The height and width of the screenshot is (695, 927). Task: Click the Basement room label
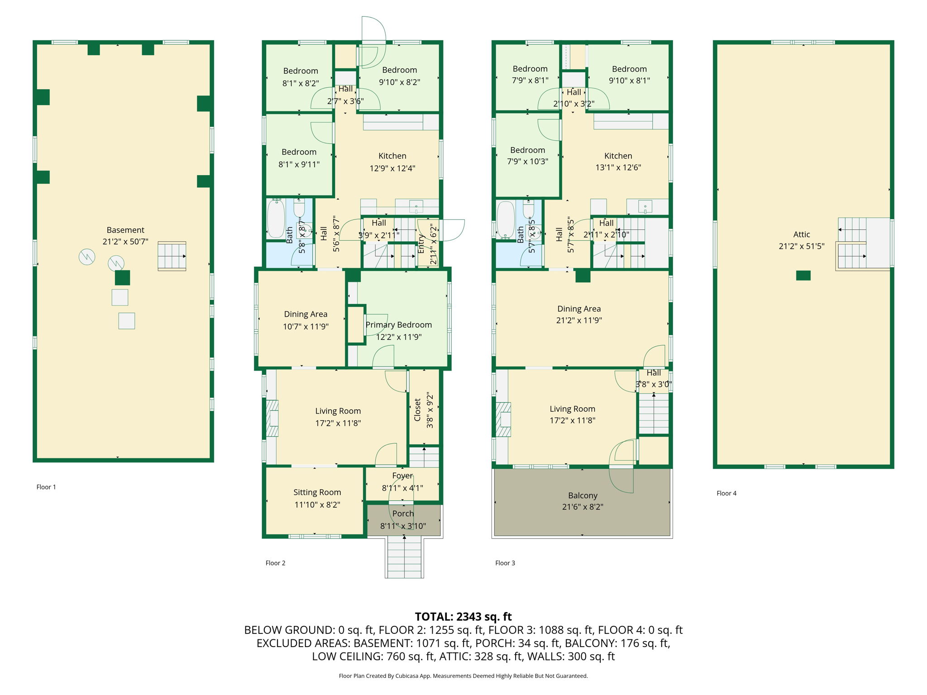[x=125, y=230]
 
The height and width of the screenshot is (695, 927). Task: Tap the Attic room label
[x=802, y=234]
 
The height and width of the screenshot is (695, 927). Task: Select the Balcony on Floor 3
[x=582, y=502]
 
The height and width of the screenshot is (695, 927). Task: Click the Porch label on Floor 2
[x=403, y=514]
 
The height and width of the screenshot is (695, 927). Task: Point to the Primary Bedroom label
[x=399, y=325]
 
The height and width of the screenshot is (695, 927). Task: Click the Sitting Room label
[x=317, y=492]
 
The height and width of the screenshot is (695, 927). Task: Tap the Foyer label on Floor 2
[x=402, y=476]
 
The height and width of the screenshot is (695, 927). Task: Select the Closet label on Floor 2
[x=417, y=410]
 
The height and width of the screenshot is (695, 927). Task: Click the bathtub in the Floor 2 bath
[x=276, y=218]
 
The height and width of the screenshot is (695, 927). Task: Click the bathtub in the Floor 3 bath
[x=506, y=219]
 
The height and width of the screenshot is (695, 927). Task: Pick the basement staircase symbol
[x=172, y=256]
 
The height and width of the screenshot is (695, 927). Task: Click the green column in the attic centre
[x=803, y=276]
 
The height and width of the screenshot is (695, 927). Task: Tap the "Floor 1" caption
[x=46, y=487]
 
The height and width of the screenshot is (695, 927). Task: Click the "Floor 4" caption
[x=726, y=493]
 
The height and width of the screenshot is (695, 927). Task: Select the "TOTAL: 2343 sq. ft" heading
[x=463, y=617]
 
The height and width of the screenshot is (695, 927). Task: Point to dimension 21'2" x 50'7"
[x=125, y=242]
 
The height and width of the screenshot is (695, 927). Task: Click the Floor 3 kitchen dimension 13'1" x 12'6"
[x=618, y=167]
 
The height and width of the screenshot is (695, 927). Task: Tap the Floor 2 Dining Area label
[x=306, y=314]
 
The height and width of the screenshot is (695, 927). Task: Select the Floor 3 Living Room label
[x=573, y=409]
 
